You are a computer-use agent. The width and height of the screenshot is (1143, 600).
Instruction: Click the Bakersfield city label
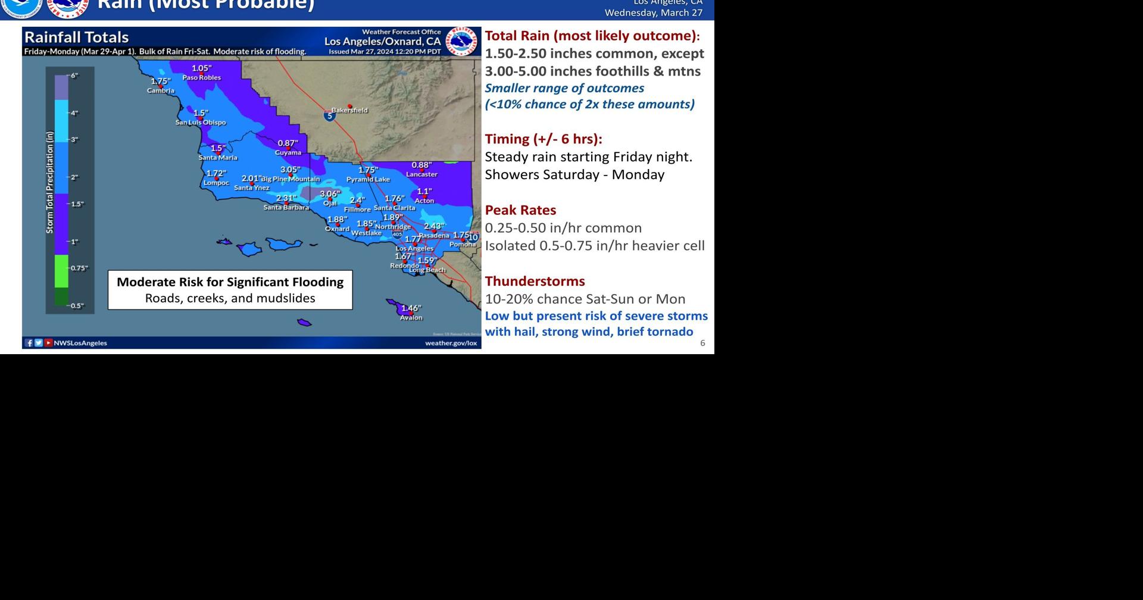(x=349, y=110)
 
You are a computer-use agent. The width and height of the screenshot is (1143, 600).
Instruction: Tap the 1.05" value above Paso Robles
(x=202, y=68)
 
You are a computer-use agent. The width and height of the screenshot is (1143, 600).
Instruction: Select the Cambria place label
(x=161, y=90)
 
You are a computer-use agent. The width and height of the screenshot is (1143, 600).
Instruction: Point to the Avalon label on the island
(x=411, y=317)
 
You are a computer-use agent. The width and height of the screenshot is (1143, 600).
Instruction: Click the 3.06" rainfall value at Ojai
(x=330, y=194)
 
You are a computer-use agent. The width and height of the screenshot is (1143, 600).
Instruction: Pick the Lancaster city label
(x=421, y=174)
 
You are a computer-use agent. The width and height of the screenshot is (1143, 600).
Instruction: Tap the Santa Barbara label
(x=286, y=208)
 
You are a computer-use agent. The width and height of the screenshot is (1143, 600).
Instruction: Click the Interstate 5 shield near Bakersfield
(x=329, y=115)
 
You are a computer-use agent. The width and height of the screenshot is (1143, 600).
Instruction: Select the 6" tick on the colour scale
(x=74, y=76)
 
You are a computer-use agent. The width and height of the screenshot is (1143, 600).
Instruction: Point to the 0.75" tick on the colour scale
(x=79, y=268)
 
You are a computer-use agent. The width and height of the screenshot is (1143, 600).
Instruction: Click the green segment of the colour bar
(x=61, y=271)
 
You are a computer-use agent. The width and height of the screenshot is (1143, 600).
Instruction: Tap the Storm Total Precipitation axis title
(x=50, y=182)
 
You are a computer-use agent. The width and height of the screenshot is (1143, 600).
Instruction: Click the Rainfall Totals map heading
(x=76, y=37)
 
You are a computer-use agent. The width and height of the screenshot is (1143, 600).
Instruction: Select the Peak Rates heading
(x=520, y=210)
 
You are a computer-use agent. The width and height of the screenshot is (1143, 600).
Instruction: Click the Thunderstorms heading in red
(x=535, y=281)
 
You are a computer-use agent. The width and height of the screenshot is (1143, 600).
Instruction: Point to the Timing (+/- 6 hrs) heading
(x=543, y=139)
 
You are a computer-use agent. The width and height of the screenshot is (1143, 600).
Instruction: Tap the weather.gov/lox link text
(x=451, y=343)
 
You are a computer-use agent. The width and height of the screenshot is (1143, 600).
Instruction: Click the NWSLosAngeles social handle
(x=80, y=343)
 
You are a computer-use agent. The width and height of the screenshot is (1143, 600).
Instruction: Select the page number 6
(x=702, y=343)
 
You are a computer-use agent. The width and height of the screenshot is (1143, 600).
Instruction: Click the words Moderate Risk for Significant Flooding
(x=230, y=282)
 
